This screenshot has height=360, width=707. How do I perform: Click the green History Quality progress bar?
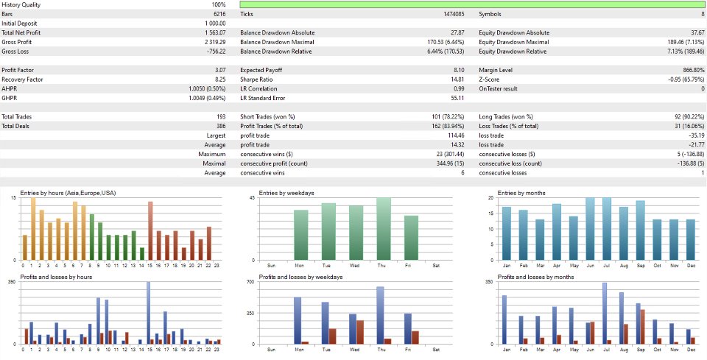(471, 4)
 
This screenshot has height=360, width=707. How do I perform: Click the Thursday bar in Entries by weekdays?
(384, 228)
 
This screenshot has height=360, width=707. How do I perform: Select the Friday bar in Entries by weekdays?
(411, 237)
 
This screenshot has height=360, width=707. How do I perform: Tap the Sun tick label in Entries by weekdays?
(272, 265)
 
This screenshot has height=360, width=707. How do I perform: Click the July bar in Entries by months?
(607, 228)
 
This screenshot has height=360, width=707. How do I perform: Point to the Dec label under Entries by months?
(690, 265)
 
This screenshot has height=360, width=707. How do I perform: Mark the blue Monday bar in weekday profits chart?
(298, 320)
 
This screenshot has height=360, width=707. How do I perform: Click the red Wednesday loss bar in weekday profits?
(360, 332)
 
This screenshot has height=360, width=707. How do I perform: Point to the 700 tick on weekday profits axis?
(251, 283)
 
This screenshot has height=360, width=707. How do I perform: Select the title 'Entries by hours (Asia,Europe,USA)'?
(68, 193)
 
